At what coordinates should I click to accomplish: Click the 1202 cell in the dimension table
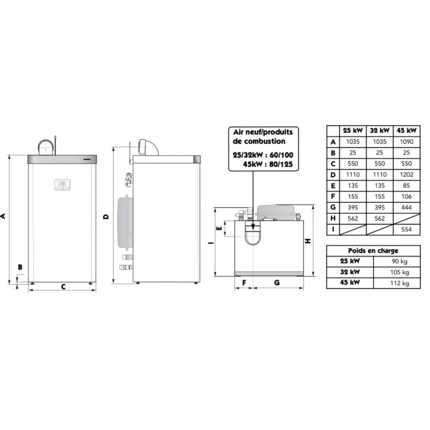point(407,175)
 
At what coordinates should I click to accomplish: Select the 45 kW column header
point(407,131)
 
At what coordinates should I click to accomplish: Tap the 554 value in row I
point(407,230)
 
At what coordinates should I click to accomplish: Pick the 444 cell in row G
point(407,207)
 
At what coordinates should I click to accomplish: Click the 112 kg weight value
point(400,283)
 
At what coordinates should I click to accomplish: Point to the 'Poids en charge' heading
point(373,251)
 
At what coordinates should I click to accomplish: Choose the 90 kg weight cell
point(400,261)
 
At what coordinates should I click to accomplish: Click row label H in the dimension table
point(333,218)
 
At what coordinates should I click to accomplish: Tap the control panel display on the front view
point(62,185)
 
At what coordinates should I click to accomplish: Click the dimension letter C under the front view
point(63,287)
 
